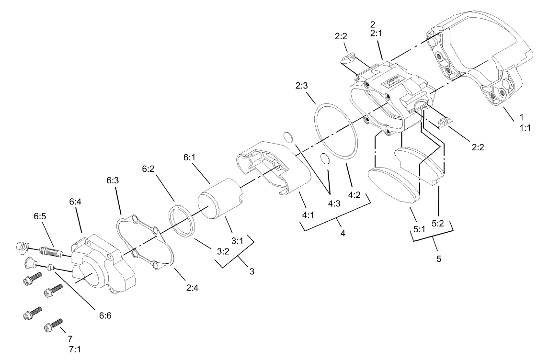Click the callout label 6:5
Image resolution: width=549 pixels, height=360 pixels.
click(x=40, y=216)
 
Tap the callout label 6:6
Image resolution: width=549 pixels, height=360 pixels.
click(x=106, y=315)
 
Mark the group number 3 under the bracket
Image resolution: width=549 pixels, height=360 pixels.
click(x=252, y=271)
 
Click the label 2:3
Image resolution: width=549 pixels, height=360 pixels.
click(x=302, y=86)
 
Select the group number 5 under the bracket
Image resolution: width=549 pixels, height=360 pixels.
click(x=439, y=259)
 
